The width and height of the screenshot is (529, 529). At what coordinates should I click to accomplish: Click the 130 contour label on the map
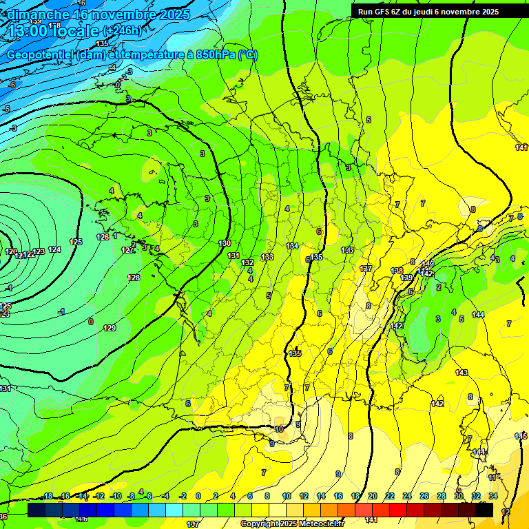point(225,244)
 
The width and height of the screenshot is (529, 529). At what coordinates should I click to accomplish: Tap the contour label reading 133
point(267,257)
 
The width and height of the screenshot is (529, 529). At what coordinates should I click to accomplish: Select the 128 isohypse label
point(134,278)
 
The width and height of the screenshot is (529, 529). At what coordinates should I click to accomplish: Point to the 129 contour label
point(110,328)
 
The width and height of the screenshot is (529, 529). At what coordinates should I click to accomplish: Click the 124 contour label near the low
point(55,249)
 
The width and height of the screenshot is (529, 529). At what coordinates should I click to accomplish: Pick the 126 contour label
point(103,237)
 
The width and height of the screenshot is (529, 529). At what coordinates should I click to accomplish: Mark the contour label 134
point(293,246)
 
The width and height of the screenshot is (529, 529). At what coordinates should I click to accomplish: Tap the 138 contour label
point(397,271)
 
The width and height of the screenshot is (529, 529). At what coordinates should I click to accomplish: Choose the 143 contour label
point(461,373)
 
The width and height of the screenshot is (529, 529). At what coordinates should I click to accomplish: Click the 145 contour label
point(521,437)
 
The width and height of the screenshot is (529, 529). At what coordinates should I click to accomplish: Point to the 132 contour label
point(248,262)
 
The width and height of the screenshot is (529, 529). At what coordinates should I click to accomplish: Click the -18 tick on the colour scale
point(48,496)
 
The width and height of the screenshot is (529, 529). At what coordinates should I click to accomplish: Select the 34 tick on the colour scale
point(493,496)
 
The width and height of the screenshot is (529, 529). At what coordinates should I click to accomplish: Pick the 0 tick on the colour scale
point(198,496)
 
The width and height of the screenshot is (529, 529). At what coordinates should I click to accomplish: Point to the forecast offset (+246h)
point(122,31)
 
